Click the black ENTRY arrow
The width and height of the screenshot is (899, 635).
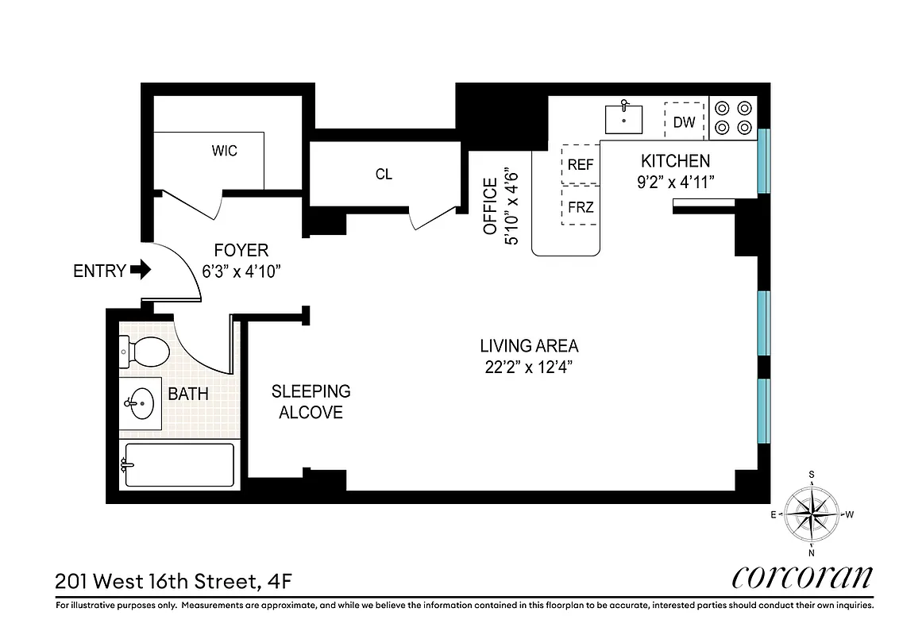click(141, 271)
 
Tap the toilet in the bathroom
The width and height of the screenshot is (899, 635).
click(145, 352)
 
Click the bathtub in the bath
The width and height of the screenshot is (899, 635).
click(178, 464)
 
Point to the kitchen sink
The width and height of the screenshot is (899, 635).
click(624, 118)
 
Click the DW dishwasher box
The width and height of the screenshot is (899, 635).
click(684, 121)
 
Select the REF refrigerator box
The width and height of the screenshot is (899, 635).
click(581, 164)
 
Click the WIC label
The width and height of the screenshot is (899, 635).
click(224, 151)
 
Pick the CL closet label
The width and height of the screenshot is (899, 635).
click(384, 175)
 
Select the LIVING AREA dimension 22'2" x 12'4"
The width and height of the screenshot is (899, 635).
click(528, 367)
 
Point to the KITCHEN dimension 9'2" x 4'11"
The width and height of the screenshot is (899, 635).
click(676, 182)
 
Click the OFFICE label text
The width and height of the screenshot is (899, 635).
click(490, 206)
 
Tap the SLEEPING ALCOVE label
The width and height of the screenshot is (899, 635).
click(311, 402)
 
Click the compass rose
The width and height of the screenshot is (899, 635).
click(812, 514)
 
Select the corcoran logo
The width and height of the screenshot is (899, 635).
click(802, 577)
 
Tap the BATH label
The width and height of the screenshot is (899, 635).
click(188, 394)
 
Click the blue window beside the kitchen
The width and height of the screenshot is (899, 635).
click(763, 161)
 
